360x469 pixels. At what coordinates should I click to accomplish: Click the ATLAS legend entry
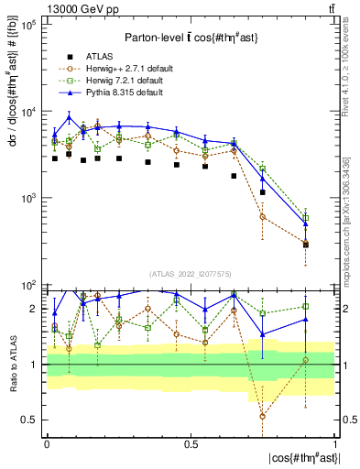point(99,55)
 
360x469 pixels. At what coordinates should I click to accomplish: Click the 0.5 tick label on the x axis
point(191,443)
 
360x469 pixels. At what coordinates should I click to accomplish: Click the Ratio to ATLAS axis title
point(13,364)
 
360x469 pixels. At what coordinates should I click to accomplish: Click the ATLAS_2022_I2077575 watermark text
point(191,274)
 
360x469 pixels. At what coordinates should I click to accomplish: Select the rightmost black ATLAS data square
point(306,245)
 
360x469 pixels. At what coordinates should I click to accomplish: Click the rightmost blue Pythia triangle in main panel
point(306,224)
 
